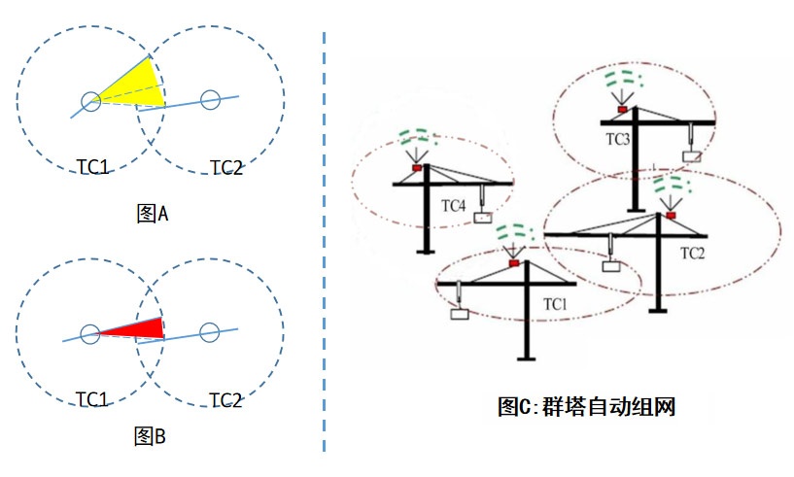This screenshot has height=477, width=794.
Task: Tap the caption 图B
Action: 151,436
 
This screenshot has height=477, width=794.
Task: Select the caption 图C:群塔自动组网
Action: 585,406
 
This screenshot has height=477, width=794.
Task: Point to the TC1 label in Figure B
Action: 93,399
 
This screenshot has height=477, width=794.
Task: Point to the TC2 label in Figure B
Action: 225,399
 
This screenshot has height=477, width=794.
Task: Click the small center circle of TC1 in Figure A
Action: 89,99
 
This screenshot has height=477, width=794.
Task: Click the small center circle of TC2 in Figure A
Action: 209,98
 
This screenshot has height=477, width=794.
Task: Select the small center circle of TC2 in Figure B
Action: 208,332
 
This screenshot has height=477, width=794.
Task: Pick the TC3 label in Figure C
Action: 618,140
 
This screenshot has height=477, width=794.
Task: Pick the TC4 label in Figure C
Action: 454,205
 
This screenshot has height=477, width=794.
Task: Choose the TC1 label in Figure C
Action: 555,304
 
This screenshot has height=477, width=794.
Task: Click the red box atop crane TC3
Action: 622,110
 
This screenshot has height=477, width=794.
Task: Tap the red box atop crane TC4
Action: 416,168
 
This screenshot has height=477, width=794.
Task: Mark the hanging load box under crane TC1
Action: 459,313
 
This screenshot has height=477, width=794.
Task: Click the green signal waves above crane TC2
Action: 670,185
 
